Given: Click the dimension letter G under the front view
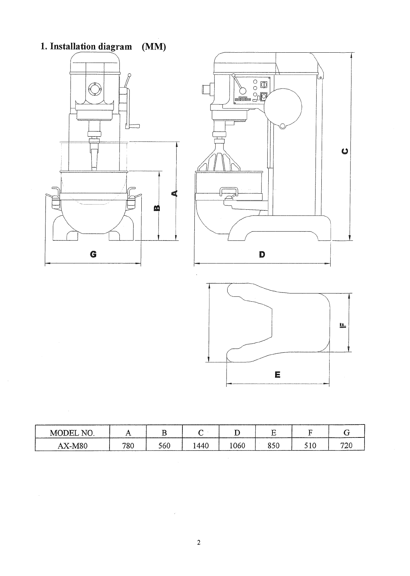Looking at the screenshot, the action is click(93, 254).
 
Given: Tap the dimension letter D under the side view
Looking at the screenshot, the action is click(262, 254).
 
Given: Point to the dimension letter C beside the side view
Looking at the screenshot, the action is click(345, 152).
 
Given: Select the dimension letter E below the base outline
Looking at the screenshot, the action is click(278, 375).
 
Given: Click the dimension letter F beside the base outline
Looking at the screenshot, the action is click(343, 326).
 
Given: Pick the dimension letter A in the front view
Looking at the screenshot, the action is click(175, 193).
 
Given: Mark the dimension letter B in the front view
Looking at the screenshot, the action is click(157, 208).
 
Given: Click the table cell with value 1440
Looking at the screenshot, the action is click(201, 446).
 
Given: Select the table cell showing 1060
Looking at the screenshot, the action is click(237, 446).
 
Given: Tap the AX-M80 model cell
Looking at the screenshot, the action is click(72, 446).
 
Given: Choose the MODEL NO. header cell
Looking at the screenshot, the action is click(72, 433).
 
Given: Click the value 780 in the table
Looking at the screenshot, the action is click(128, 446).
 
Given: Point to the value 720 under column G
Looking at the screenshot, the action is click(346, 445).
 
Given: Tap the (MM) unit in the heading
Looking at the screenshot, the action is click(154, 47).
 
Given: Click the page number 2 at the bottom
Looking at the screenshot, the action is click(198, 542).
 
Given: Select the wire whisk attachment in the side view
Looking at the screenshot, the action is click(218, 157).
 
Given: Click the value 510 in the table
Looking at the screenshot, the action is click(310, 446).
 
